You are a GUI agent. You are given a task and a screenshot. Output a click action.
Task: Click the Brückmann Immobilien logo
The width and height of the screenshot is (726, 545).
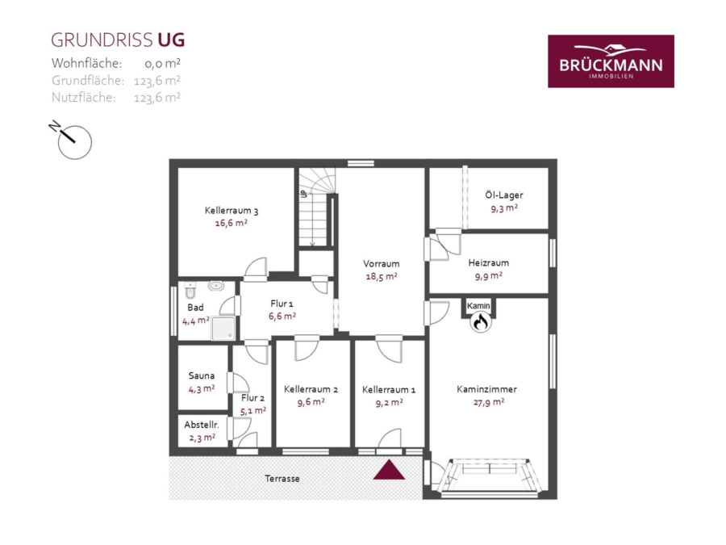(x=611, y=61)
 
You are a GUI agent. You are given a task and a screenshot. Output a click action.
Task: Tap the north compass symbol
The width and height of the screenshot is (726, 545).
(x=72, y=140)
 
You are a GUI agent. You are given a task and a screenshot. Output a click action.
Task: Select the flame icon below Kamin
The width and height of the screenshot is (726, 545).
(x=480, y=321)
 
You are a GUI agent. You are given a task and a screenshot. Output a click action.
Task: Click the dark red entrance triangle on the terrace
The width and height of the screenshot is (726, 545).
(x=389, y=469)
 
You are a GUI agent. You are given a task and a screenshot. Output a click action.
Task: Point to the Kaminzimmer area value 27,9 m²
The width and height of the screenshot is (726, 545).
(x=489, y=402)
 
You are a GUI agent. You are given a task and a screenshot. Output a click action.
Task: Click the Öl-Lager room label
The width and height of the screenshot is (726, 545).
(x=503, y=195)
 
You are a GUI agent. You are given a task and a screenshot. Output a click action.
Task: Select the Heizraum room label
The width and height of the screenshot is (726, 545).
(x=489, y=262)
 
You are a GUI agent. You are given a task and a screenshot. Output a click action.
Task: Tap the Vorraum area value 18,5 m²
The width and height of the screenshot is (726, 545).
(x=381, y=277)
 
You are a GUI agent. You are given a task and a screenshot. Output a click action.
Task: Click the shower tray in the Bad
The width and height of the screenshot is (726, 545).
(x=223, y=328)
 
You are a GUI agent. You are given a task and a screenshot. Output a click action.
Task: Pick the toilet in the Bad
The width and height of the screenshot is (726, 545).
(x=190, y=290)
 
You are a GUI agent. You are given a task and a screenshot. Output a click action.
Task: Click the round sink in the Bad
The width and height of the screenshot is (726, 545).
(x=215, y=286)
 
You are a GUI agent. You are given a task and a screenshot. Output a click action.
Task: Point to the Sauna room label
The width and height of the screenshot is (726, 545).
(x=202, y=375)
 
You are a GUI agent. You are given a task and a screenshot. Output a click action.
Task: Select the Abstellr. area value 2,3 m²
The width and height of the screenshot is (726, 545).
(x=202, y=438)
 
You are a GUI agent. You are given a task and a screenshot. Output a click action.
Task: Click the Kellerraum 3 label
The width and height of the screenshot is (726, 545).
(x=232, y=211)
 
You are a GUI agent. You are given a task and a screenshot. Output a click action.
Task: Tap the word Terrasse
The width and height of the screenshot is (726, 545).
(x=282, y=478)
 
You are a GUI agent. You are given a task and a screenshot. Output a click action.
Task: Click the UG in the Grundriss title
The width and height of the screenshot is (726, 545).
(x=171, y=40)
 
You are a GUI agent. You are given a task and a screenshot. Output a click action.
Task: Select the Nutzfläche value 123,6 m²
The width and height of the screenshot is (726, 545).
(x=157, y=98)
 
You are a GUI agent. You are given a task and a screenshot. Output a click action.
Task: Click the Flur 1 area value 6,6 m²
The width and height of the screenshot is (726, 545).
(x=282, y=317)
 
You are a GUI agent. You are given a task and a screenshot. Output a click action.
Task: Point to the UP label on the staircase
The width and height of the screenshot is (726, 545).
(x=304, y=194)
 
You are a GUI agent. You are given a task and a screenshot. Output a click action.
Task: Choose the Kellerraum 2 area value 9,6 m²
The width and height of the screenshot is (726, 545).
(x=311, y=402)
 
